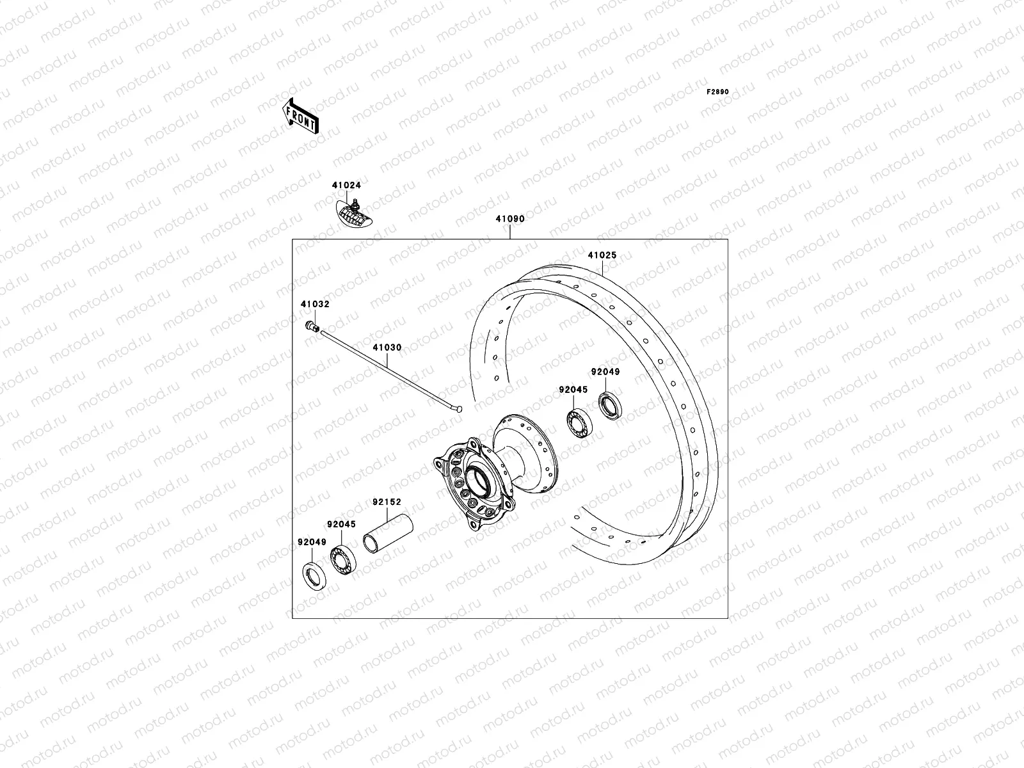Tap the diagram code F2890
click(x=717, y=92)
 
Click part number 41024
click(x=346, y=186)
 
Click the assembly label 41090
click(x=509, y=219)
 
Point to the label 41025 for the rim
click(x=602, y=255)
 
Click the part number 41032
click(x=315, y=305)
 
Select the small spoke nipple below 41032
click(x=313, y=327)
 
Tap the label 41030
click(x=387, y=348)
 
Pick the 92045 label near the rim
click(x=573, y=389)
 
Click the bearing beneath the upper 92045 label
click(x=580, y=423)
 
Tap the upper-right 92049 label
click(x=605, y=372)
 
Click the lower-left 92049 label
click(x=312, y=542)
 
